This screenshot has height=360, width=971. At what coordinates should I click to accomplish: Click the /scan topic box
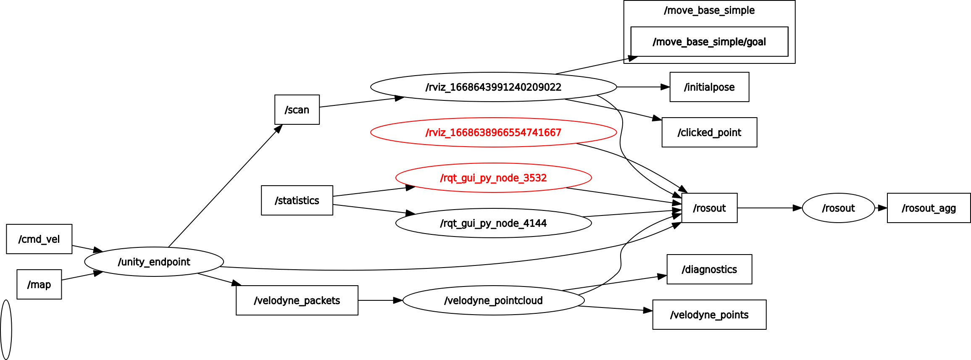pyautogui.click(x=297, y=110)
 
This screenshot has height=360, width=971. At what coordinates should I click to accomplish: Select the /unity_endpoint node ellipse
pyautogui.click(x=154, y=262)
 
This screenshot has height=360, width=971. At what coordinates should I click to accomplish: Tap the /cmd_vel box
pyautogui.click(x=39, y=239)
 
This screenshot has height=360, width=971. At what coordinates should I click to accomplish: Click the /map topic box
pyautogui.click(x=39, y=284)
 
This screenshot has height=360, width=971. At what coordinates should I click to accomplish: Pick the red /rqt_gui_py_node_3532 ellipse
pyautogui.click(x=493, y=178)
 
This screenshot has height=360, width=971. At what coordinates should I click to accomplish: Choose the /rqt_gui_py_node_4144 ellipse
pyautogui.click(x=493, y=223)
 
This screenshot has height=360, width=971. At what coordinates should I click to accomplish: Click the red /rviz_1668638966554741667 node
pyautogui.click(x=493, y=132)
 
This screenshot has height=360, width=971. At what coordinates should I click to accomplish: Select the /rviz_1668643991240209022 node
pyautogui.click(x=493, y=87)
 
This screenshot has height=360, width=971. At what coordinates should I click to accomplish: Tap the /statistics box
pyautogui.click(x=297, y=200)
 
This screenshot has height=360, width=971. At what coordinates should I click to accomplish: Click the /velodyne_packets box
pyautogui.click(x=297, y=300)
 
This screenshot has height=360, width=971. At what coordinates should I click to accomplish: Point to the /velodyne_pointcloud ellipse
pyautogui.click(x=493, y=300)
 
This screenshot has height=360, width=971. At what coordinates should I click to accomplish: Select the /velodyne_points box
pyautogui.click(x=709, y=315)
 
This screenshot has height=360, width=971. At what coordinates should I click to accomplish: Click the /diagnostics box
pyautogui.click(x=709, y=269)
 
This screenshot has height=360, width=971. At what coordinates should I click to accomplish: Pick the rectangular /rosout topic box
pyautogui.click(x=709, y=208)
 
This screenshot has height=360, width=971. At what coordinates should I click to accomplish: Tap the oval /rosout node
pyautogui.click(x=838, y=208)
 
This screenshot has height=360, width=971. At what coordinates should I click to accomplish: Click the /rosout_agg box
pyautogui.click(x=929, y=208)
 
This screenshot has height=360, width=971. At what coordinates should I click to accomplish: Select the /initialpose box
pyautogui.click(x=709, y=87)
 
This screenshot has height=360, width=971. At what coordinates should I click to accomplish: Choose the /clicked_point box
pyautogui.click(x=709, y=132)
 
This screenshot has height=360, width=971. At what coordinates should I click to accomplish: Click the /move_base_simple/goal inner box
pyautogui.click(x=709, y=42)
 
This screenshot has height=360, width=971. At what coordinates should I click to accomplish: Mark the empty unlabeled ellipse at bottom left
pyautogui.click(x=6, y=330)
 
